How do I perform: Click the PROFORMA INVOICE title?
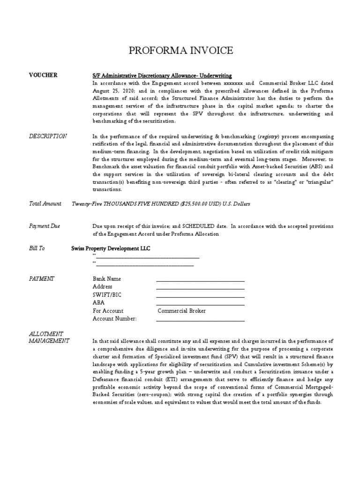click(x=180, y=51)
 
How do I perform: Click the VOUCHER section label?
click(x=43, y=75)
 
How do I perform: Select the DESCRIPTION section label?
click(x=48, y=136)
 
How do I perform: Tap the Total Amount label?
click(x=45, y=203)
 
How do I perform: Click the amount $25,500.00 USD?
click(x=197, y=204)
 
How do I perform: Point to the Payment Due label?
click(x=45, y=226)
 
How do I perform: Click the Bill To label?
click(x=37, y=248)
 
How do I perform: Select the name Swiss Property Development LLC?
click(x=111, y=248)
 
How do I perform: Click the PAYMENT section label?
click(x=42, y=278)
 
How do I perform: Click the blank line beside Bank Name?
click(x=200, y=280)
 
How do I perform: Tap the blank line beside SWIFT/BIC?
click(x=200, y=296)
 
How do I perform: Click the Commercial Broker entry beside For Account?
click(x=181, y=311)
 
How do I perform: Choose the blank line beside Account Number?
click(x=200, y=320)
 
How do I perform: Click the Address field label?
click(x=103, y=287)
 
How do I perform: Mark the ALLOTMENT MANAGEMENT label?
click(x=49, y=337)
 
